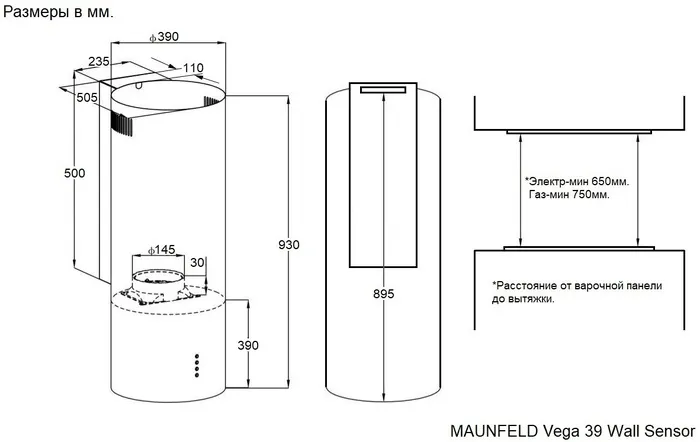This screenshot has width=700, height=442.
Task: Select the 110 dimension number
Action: pos(193,68)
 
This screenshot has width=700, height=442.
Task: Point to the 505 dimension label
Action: pos(87,97)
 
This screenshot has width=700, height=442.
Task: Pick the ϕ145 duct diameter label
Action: pos(161,249)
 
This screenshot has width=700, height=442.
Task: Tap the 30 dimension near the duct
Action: pos(197,262)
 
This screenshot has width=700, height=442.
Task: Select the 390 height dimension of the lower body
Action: pos(247,345)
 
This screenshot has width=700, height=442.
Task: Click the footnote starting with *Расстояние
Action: pos(576,291)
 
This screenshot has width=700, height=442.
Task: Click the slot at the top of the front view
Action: pos(384,91)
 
